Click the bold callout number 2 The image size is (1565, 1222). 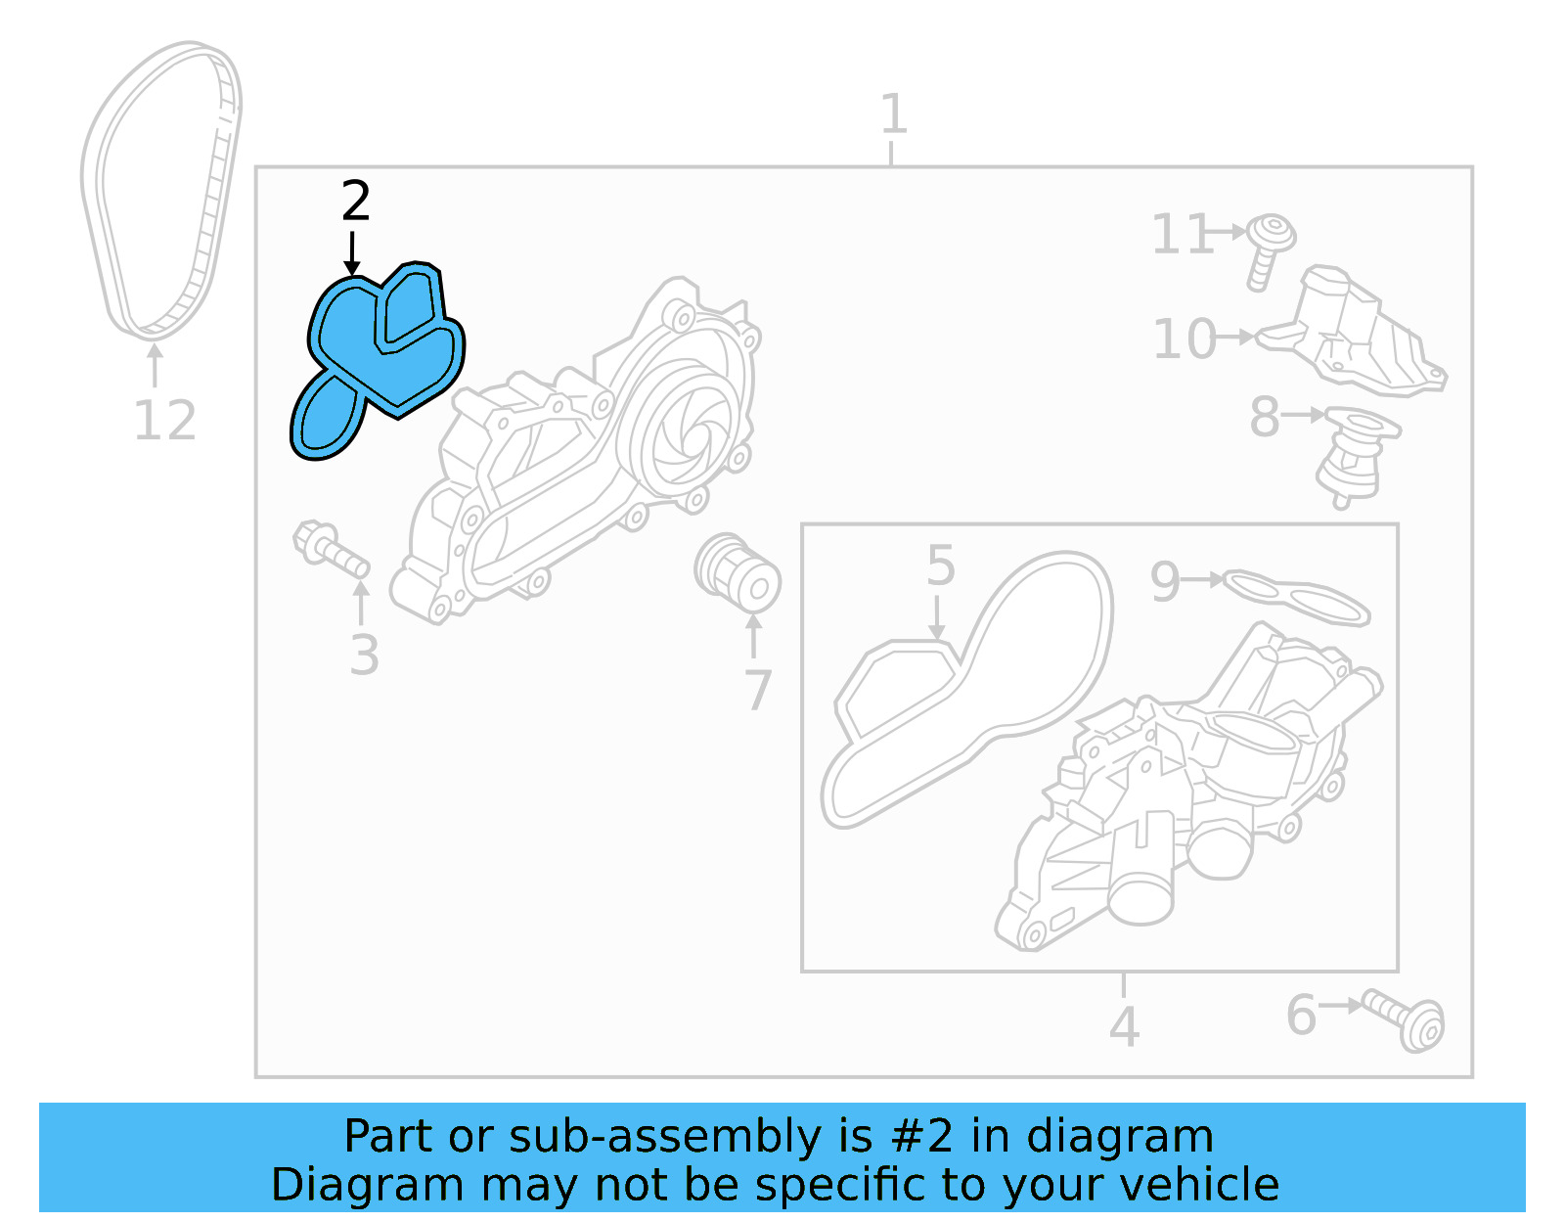tap(356, 201)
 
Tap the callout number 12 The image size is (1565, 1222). tap(164, 422)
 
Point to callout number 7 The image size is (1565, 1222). tap(758, 690)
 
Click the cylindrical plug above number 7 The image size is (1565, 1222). tap(738, 572)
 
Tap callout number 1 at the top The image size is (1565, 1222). tap(893, 114)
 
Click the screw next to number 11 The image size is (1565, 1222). tap(1269, 249)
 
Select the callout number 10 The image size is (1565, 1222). tap(1184, 339)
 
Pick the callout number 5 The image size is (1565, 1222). tap(940, 566)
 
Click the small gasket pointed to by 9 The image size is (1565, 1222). tap(1296, 597)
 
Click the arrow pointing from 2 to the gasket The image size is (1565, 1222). tap(352, 252)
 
